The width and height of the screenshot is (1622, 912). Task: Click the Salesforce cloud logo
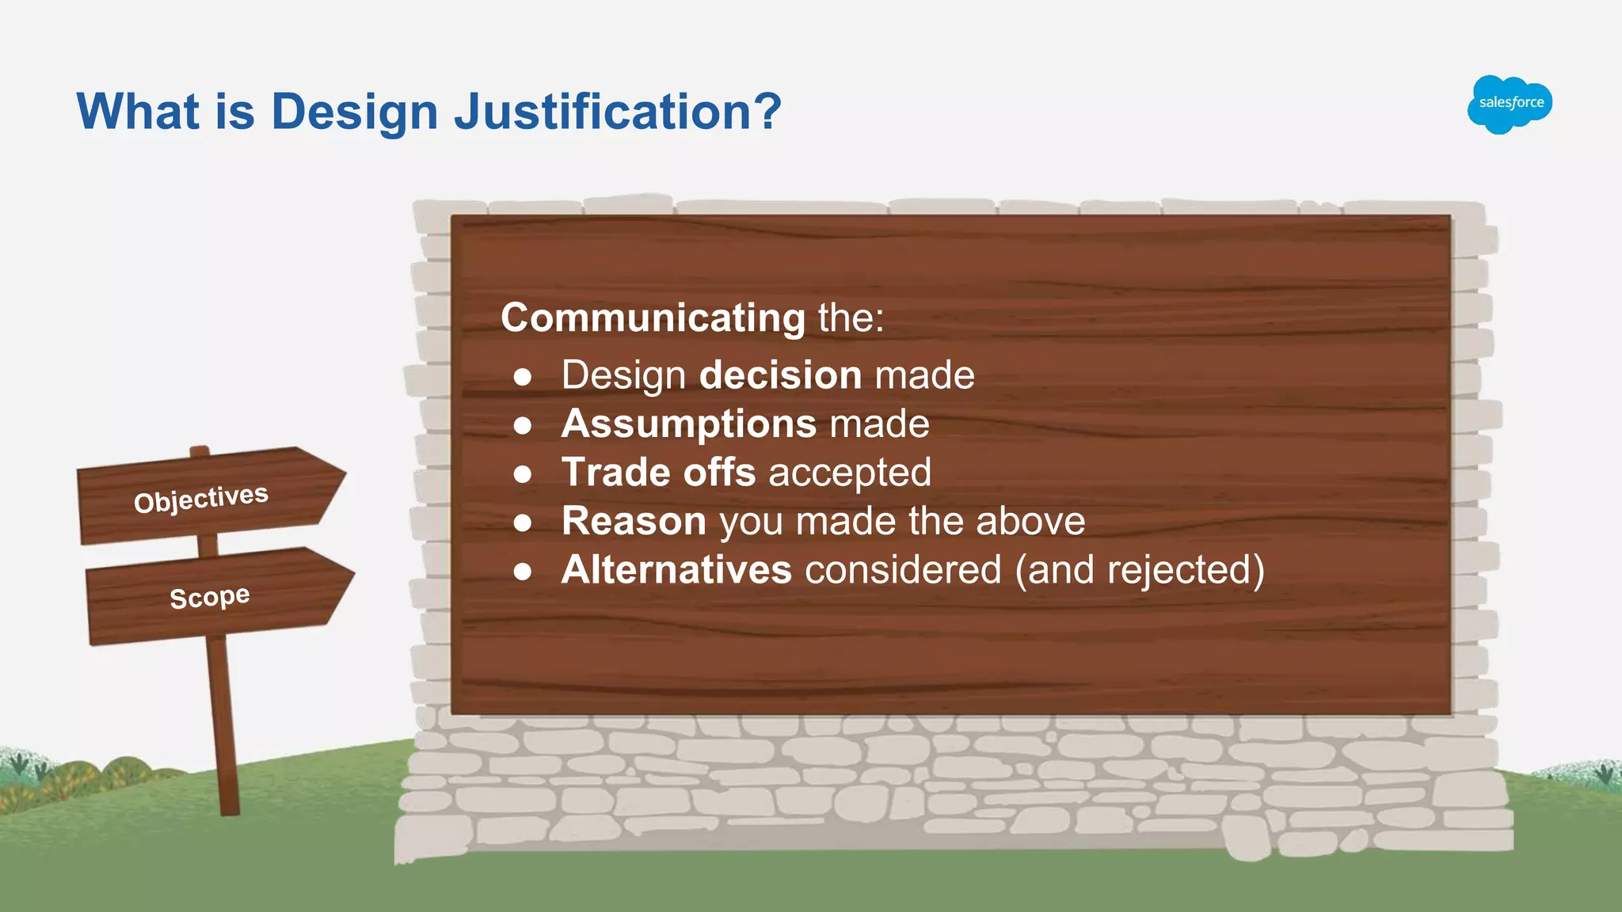pos(1510,104)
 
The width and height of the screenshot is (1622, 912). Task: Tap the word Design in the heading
pos(354,112)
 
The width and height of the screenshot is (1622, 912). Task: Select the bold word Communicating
pos(653,318)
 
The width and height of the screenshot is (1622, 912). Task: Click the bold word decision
pos(781,375)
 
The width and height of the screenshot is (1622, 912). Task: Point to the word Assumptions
pos(688,424)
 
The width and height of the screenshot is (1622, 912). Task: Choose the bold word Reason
pos(634,522)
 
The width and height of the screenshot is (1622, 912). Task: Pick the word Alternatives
pos(676,570)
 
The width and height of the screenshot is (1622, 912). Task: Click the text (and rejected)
pos(1140,571)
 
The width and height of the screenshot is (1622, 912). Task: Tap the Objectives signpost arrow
pos(210,496)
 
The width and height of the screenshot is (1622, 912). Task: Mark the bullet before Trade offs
pos(522,474)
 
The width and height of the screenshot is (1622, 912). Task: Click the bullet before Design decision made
pos(522,377)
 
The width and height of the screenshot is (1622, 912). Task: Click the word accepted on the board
pos(850,473)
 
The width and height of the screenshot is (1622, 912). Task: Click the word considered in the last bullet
pos(903,570)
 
